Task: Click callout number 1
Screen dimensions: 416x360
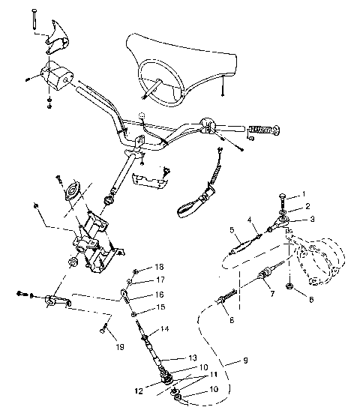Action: coord(304,195)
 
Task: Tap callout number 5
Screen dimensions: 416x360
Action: coord(232,229)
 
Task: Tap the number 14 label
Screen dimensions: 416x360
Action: coord(165,328)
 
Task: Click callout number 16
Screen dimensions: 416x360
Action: coord(159,295)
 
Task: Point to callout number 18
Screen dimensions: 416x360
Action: coord(159,268)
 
